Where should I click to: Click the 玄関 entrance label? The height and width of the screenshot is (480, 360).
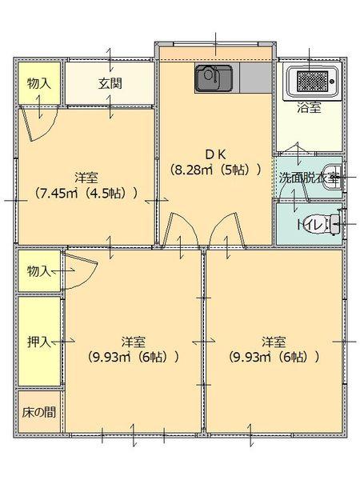click(x=110, y=82)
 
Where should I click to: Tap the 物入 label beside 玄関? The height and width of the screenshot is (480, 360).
click(x=38, y=82)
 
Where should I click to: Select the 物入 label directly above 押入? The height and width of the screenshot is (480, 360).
click(x=38, y=270)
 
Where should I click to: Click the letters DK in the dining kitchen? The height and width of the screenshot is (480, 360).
click(x=215, y=154)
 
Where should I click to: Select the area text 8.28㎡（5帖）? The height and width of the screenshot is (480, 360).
click(x=215, y=170)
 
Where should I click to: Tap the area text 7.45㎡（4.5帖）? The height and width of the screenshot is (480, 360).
click(x=87, y=192)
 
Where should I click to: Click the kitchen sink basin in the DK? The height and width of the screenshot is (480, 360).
click(x=213, y=78)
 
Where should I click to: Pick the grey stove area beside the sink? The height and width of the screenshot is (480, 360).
click(x=254, y=78)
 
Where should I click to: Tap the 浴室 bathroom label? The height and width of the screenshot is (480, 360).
click(x=310, y=108)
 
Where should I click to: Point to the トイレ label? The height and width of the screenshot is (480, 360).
click(x=310, y=225)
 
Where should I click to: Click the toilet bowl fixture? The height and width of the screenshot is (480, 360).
click(x=337, y=225)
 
